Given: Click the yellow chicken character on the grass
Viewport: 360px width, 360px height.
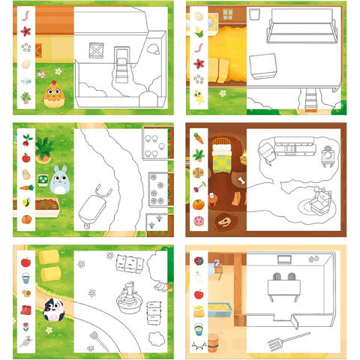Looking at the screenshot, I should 52,94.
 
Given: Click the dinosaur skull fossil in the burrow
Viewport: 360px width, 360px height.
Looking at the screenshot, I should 225,222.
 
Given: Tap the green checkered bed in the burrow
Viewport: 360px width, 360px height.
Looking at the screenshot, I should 223,158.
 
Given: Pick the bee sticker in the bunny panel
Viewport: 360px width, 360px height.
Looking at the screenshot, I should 25,202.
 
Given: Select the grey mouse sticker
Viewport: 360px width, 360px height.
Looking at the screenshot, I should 25,340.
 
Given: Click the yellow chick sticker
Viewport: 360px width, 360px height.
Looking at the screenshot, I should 199,96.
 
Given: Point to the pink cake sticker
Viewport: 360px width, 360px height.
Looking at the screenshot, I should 199,221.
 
